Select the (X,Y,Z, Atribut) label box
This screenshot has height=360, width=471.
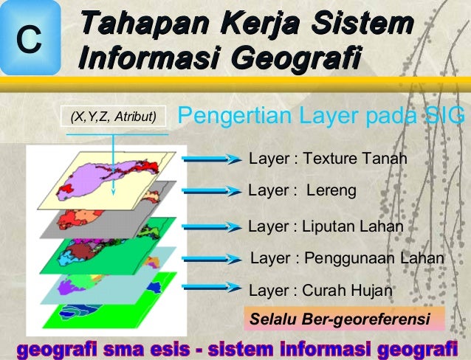[113, 116]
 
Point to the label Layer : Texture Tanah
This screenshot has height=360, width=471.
[328, 159]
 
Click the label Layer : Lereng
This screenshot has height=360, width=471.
[302, 190]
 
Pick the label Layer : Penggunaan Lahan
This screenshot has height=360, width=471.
[348, 258]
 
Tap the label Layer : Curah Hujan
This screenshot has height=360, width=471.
[320, 290]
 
